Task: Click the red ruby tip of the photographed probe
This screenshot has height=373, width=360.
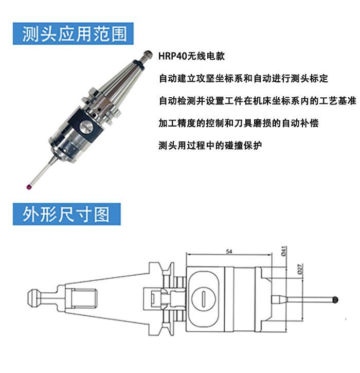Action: click(x=29, y=187)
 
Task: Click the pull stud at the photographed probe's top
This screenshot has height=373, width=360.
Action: click(x=146, y=57)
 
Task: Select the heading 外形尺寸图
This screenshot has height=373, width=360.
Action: click(x=66, y=214)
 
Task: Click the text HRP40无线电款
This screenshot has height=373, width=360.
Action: click(x=191, y=56)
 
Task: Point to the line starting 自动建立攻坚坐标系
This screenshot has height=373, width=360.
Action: click(x=243, y=78)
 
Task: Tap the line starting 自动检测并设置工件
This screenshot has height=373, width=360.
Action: click(x=258, y=101)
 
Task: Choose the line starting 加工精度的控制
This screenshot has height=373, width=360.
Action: click(x=239, y=123)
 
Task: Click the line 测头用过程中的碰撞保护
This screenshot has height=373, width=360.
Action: click(x=210, y=145)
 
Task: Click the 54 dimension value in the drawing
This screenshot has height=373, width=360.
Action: click(x=229, y=252)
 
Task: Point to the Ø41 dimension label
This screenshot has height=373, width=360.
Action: click(x=284, y=251)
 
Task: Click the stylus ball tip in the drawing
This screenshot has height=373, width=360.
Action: click(x=335, y=300)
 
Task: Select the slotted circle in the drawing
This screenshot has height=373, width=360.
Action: click(x=204, y=299)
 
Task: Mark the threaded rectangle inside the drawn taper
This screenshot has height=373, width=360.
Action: click(x=84, y=299)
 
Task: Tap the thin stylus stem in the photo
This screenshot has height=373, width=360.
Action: click(x=42, y=172)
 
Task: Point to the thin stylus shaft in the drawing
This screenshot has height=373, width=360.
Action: click(x=309, y=299)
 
